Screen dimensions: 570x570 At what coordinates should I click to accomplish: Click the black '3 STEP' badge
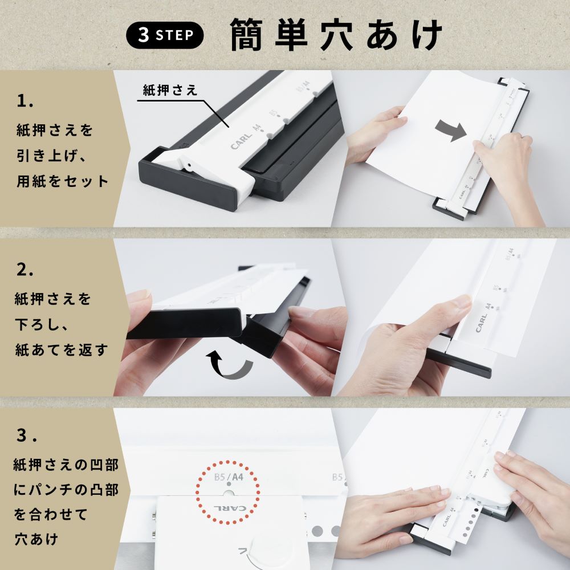pos(164,35)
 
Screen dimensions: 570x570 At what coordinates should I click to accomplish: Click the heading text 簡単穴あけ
pos(336,35)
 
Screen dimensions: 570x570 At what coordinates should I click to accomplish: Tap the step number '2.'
pos(26,270)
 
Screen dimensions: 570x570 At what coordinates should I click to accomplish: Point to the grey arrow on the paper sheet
pos(451,131)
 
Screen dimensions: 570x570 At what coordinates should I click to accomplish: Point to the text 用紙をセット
pos(63,182)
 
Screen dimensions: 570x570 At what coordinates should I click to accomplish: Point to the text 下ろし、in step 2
pos(43,324)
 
